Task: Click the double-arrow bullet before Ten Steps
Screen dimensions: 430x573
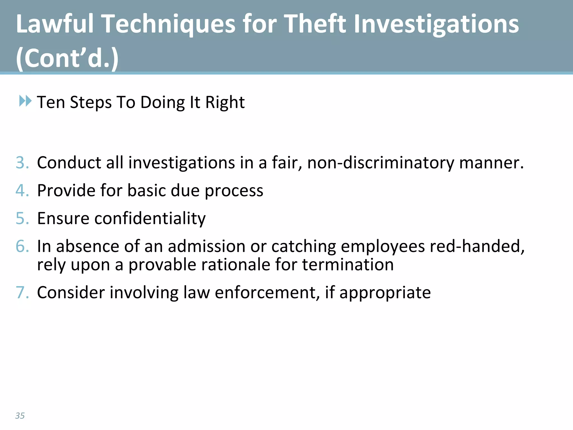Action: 25,101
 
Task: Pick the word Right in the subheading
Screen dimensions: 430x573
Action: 225,102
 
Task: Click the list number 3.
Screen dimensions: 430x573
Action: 22,163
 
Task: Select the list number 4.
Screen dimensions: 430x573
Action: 22,191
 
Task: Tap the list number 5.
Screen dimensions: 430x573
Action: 22,218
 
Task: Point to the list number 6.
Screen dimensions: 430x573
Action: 22,246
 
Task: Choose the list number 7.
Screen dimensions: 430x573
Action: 22,293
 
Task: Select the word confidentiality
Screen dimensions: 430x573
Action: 150,219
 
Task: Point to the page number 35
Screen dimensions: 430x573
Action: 20,416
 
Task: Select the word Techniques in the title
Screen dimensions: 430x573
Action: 168,25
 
